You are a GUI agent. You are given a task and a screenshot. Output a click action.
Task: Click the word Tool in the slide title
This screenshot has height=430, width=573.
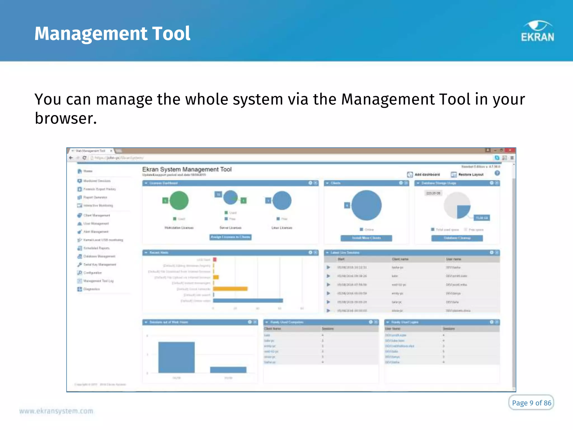(171, 34)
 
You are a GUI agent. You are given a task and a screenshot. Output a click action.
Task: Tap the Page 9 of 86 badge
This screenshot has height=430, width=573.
(531, 403)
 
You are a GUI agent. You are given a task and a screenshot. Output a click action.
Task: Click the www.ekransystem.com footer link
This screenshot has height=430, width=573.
(56, 411)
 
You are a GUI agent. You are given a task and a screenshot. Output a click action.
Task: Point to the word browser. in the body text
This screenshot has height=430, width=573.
(66, 118)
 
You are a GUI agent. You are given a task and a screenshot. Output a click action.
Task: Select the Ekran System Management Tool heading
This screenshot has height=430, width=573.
(187, 169)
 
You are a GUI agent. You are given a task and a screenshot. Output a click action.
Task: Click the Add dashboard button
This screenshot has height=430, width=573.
(424, 174)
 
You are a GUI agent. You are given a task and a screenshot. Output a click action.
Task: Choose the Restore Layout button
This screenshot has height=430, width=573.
(468, 174)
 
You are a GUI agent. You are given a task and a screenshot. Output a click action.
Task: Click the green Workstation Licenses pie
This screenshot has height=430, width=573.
(179, 200)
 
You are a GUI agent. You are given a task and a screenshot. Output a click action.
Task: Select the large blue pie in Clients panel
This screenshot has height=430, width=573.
(367, 205)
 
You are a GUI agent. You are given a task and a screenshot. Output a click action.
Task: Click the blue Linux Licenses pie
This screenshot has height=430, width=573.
(282, 200)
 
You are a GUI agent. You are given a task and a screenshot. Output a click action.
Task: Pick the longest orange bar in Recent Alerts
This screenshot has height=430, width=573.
(230, 289)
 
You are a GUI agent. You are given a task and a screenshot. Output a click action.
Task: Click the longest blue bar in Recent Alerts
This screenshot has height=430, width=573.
(248, 300)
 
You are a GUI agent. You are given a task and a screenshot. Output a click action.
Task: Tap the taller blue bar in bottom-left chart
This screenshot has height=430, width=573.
(176, 357)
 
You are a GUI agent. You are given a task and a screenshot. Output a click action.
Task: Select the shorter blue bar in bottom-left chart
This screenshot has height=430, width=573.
(228, 370)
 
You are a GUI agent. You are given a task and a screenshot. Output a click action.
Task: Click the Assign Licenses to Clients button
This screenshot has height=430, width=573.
(231, 237)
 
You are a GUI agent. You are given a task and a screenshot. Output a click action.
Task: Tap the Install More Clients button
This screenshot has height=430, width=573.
(366, 238)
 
